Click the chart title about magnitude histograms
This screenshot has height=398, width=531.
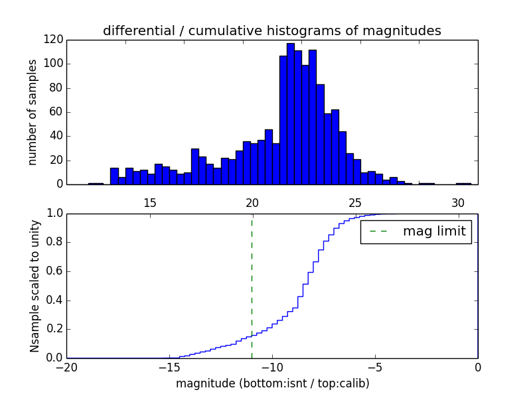pos(271,31)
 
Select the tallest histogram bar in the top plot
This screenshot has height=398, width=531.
pos(291,113)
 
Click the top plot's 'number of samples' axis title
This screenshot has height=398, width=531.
pos(33,112)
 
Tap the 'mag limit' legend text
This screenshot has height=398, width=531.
pos(434,232)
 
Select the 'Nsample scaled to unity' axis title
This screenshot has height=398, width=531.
pos(35,286)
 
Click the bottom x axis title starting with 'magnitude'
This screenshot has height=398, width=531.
pos(272,383)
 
